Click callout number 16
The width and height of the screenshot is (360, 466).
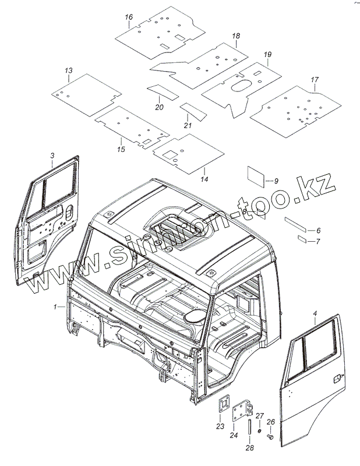click(129, 17)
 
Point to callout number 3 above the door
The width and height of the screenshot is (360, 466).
click(52, 155)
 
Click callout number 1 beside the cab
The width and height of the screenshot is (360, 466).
click(55, 306)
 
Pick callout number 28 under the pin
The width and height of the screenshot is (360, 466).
click(249, 447)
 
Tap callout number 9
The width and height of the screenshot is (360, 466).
click(276, 181)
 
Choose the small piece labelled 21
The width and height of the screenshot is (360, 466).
click(189, 109)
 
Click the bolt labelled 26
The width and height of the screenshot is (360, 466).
click(271, 436)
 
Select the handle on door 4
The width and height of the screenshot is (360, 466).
click(336, 379)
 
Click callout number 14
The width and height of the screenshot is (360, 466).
click(204, 178)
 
